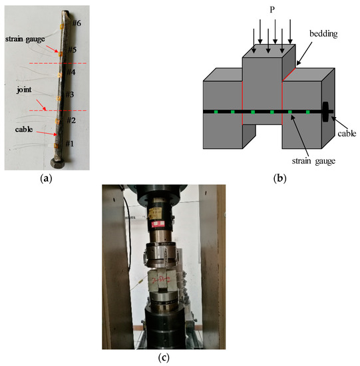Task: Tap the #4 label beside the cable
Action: (x=70, y=72)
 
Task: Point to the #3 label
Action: (x=69, y=95)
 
